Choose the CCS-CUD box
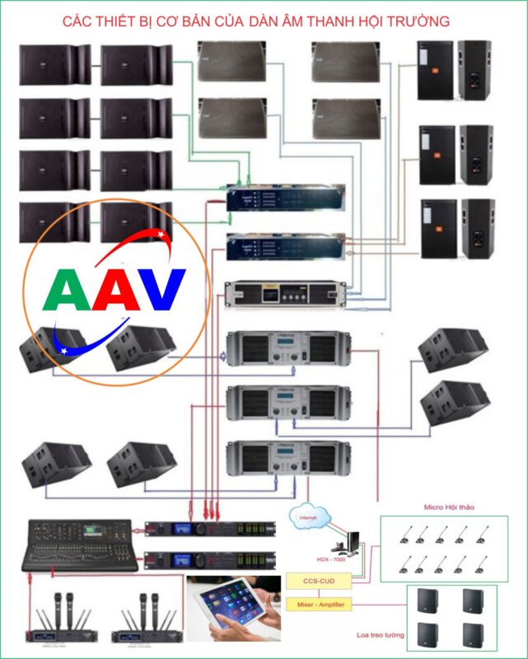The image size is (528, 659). coord(317,582)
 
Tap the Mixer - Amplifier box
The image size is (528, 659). coord(317,605)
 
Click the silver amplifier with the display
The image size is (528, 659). coord(285,293)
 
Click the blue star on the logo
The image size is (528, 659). coord(63,350)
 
